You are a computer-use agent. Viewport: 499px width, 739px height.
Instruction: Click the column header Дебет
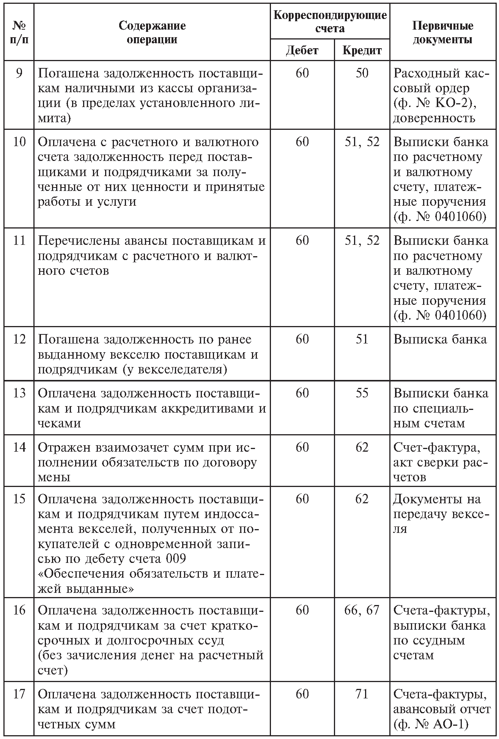point(302,50)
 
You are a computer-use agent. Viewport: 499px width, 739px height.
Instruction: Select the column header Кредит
point(362,50)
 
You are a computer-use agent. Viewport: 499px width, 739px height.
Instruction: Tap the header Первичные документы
point(442,33)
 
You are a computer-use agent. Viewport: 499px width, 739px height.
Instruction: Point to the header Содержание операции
point(152,33)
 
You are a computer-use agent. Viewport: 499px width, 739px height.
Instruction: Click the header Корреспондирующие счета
point(330,22)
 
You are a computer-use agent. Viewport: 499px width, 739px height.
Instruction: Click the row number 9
point(19,73)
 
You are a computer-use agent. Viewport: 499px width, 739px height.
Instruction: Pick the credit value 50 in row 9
point(362,73)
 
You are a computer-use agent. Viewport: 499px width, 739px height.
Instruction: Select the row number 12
point(19,339)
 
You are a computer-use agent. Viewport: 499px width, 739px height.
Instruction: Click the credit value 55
point(362,393)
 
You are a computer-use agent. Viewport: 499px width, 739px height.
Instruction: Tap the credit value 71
point(362,694)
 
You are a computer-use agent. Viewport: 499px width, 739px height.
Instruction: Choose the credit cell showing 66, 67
point(362,610)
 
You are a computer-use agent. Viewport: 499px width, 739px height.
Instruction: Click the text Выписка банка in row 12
point(440,339)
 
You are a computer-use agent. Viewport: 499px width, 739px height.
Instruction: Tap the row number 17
point(19,694)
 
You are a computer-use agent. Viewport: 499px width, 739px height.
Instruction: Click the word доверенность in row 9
point(434,118)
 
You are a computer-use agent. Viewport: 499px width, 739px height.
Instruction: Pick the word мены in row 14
point(54,477)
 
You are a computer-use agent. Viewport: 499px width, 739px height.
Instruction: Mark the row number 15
point(19,499)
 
